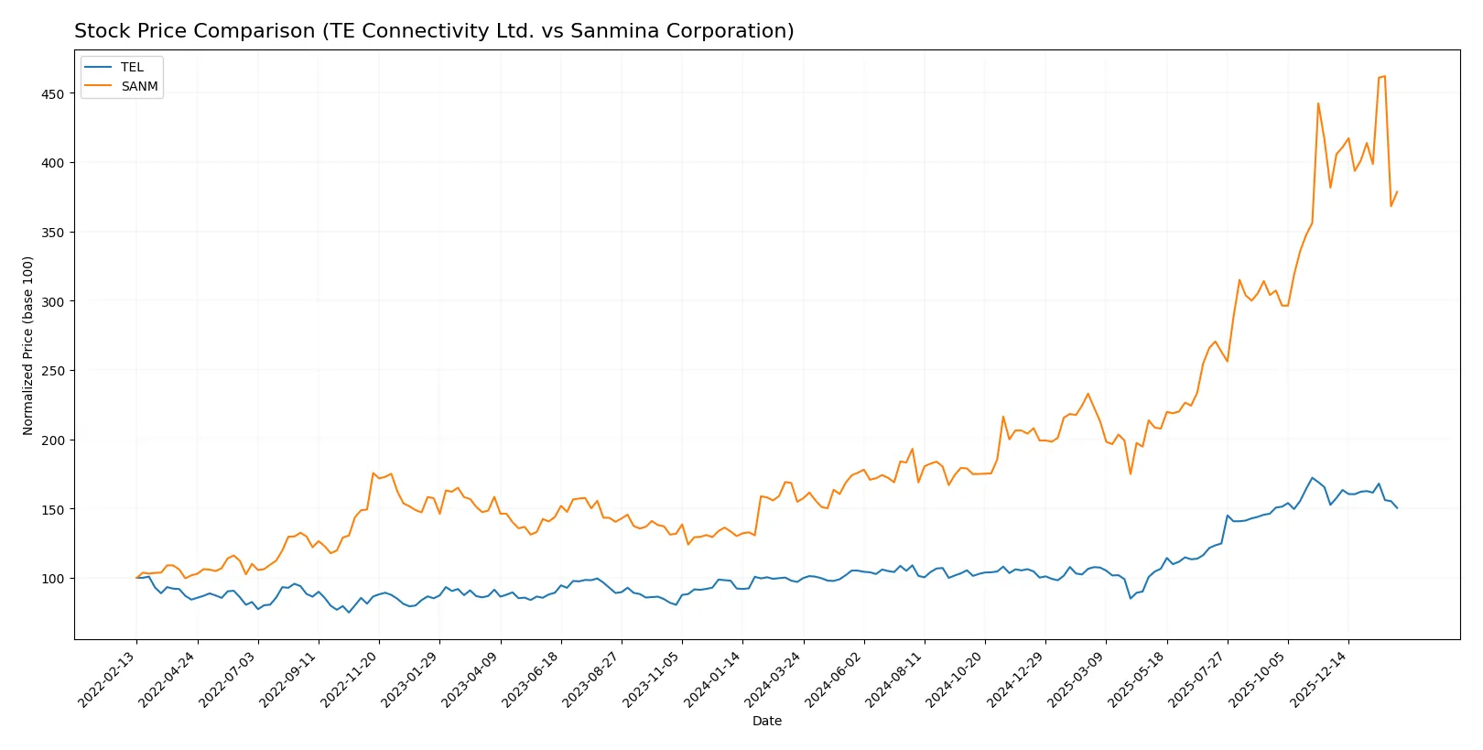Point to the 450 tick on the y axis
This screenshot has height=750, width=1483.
click(53, 93)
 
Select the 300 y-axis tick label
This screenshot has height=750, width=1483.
click(53, 301)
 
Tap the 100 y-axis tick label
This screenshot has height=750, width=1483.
click(53, 579)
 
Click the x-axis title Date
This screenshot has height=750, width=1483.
click(766, 721)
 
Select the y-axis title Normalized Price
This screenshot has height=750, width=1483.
click(28, 345)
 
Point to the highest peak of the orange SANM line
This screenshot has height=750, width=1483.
click(1384, 76)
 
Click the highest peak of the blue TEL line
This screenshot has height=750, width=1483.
click(1312, 477)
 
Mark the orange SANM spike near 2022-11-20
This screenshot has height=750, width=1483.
click(373, 473)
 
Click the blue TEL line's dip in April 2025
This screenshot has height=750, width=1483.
click(1131, 598)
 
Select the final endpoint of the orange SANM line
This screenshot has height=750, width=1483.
click(1397, 191)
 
